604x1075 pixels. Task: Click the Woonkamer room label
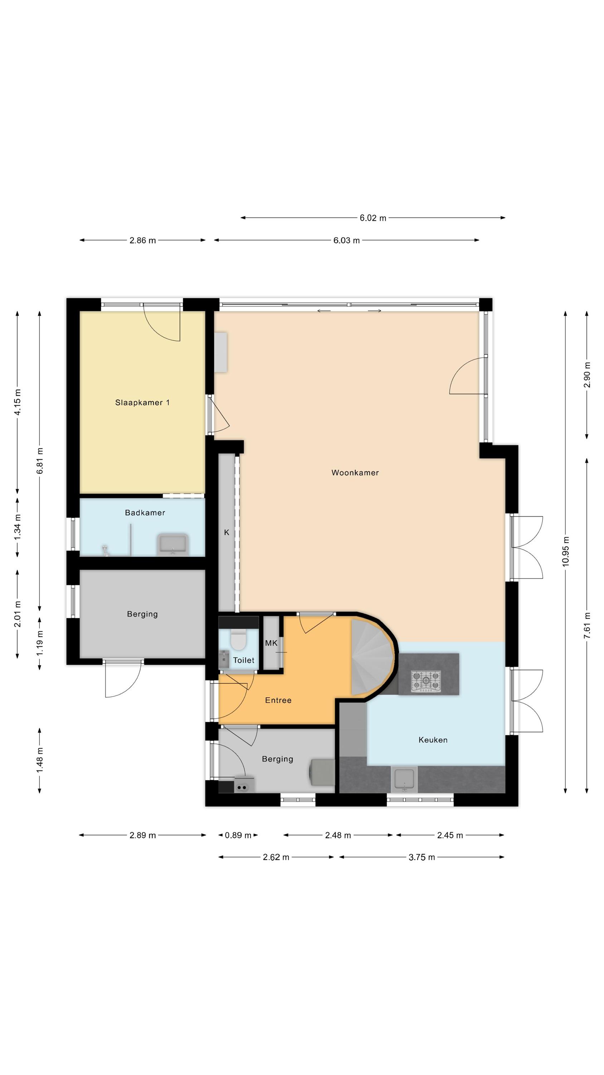coord(355,472)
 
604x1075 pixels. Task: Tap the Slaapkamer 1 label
coord(142,402)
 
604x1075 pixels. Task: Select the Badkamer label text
coord(145,512)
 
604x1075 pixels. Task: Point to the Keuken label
coord(433,740)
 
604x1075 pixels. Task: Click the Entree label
coord(278,700)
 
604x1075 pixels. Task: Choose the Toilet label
coord(243,660)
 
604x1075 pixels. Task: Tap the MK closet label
coord(271,643)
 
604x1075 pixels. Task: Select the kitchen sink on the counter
coord(404,779)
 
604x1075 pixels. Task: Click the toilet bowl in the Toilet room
coord(238,639)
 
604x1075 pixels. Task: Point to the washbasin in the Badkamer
coord(173,545)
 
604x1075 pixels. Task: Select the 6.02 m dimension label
coord(372,218)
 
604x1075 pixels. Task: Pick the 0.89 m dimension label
coord(238,835)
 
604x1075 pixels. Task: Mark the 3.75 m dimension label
coord(422,857)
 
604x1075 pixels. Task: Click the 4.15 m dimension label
coord(18,402)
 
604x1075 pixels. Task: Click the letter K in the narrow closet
coord(227,532)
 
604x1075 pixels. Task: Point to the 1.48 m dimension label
coord(40,760)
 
